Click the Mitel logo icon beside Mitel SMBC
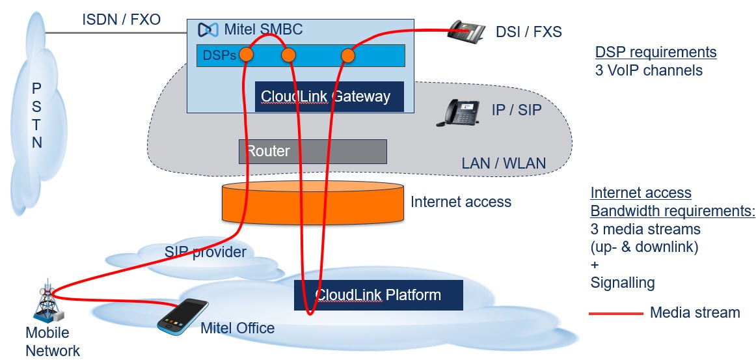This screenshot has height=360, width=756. (x=208, y=30)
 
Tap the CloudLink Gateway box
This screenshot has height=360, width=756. (x=329, y=96)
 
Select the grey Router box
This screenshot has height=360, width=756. (x=313, y=152)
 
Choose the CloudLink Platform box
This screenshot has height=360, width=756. (x=379, y=295)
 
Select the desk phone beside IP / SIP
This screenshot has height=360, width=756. (x=457, y=113)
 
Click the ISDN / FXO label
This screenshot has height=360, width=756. (x=121, y=20)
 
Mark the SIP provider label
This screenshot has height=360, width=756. (x=206, y=252)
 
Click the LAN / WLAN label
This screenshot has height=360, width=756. (x=504, y=163)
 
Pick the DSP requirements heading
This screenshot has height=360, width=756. (x=656, y=52)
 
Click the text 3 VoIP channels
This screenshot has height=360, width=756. (x=649, y=70)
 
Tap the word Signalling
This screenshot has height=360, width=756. (x=623, y=283)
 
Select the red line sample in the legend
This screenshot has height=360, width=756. (x=616, y=314)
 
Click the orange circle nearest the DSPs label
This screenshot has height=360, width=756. (x=246, y=55)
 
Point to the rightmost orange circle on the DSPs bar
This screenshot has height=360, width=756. (x=348, y=56)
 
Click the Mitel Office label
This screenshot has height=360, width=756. (x=237, y=329)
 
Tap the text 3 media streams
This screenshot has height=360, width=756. (x=645, y=228)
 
